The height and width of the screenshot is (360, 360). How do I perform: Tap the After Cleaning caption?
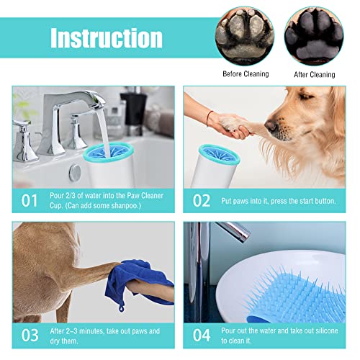(315, 73)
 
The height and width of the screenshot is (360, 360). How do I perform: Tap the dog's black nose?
(271, 127)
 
